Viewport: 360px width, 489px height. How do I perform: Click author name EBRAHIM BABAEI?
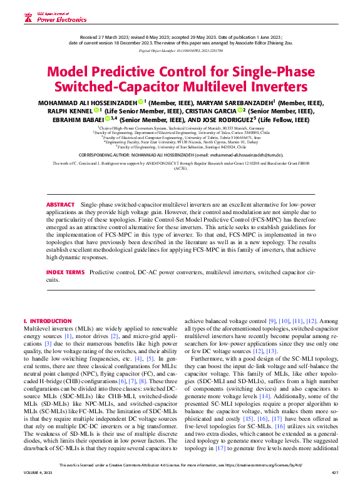[61, 118]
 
